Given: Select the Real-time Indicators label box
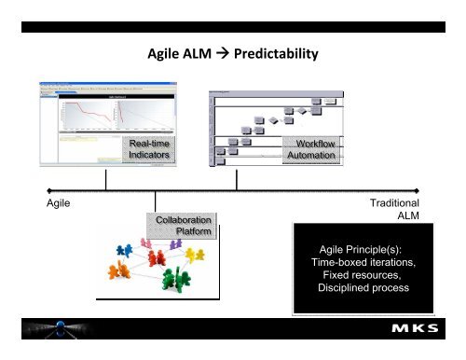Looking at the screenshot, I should point(150,149).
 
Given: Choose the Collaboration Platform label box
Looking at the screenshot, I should point(183,227).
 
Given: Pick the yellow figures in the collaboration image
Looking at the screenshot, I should point(194,255).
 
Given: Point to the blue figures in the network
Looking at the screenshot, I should point(124,251).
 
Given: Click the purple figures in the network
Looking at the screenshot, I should point(174,243).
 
